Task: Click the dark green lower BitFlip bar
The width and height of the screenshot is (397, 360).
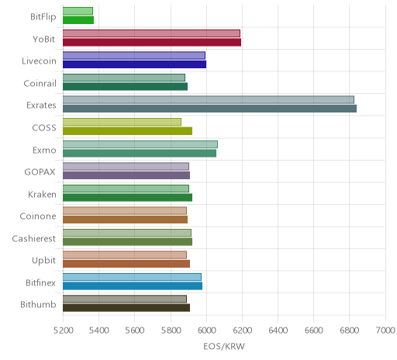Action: click(78, 20)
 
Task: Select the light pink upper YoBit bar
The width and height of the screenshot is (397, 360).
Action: click(151, 33)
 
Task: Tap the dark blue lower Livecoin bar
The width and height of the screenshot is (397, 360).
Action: click(134, 64)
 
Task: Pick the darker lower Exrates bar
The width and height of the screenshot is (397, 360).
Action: click(209, 109)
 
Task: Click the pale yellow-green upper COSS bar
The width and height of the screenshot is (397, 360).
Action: click(122, 122)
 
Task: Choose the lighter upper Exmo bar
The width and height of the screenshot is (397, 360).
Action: click(140, 144)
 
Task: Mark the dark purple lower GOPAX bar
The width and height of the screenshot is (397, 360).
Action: click(126, 175)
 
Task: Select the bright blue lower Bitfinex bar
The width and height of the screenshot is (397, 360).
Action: click(133, 286)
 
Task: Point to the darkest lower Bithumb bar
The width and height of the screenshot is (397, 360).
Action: click(126, 308)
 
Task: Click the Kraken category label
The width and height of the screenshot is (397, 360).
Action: click(42, 194)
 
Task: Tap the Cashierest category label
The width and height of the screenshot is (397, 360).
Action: click(33, 238)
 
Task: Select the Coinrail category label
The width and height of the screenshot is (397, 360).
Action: click(40, 83)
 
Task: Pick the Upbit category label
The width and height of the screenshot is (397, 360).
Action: click(43, 261)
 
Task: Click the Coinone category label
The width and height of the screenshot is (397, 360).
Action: click(38, 216)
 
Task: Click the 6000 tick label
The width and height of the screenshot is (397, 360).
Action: click(206, 331)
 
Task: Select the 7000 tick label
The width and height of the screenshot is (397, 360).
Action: click(385, 331)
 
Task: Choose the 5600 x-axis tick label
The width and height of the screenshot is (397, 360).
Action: click(135, 331)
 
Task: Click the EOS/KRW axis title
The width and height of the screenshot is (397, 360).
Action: click(224, 346)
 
